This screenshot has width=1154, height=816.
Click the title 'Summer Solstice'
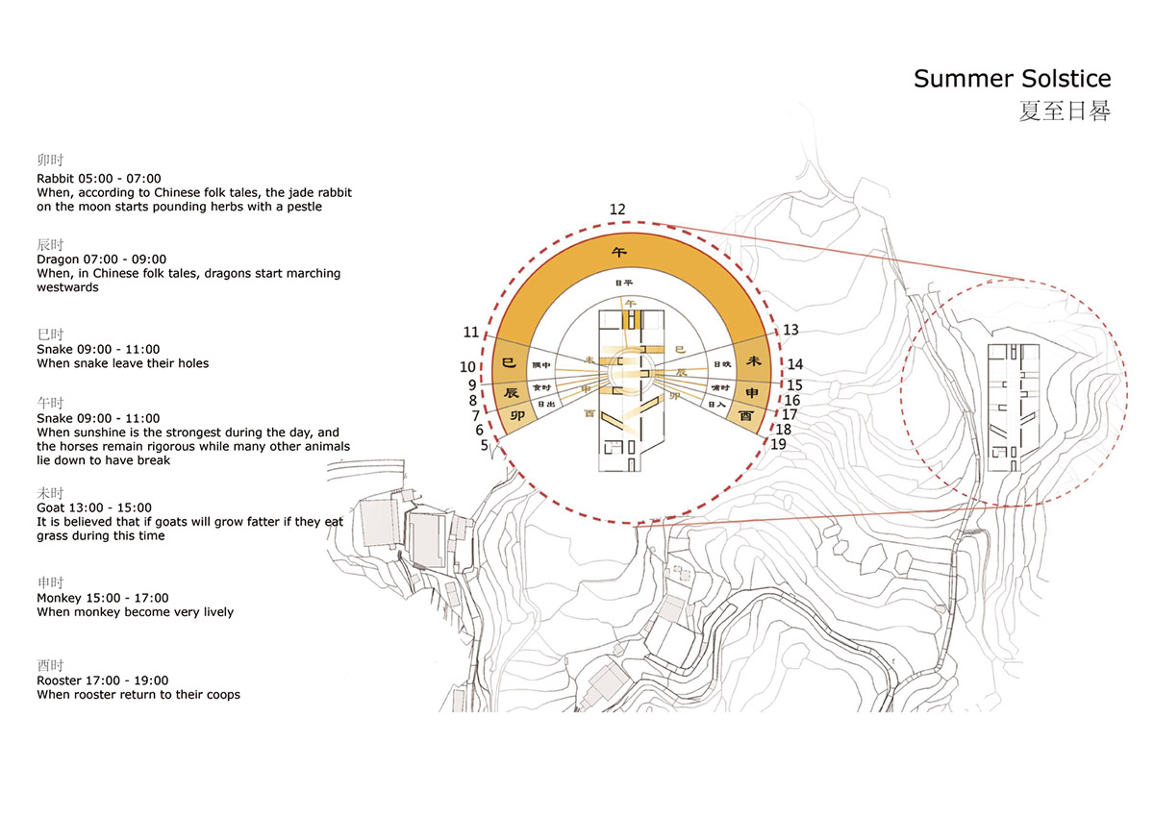click(1012, 79)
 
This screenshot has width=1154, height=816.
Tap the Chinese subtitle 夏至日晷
click(1065, 111)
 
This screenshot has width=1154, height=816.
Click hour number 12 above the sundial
click(617, 210)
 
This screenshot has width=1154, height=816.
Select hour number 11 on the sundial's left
click(470, 333)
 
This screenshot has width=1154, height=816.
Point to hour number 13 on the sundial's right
click(790, 330)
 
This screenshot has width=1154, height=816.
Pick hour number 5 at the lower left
click(484, 445)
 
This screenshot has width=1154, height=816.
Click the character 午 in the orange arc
click(620, 253)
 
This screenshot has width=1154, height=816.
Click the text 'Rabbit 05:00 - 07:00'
click(98, 179)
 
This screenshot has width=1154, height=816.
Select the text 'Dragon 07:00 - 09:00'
click(101, 260)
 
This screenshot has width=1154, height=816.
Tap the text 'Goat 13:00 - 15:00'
click(94, 507)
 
